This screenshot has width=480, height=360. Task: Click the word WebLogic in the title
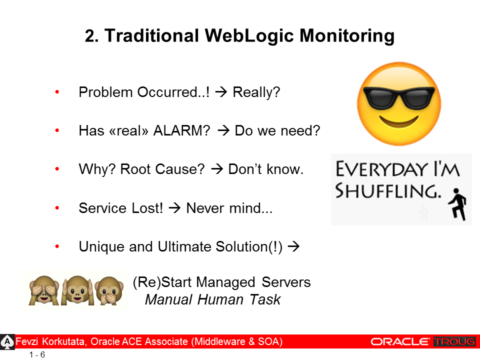point(249,36)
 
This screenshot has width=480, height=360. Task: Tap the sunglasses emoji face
point(399,104)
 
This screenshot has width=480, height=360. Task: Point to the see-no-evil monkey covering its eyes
point(44,290)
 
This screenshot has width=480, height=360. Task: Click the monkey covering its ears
point(77,290)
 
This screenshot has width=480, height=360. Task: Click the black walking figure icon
point(457,204)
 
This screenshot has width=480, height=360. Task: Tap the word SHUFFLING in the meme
point(388,190)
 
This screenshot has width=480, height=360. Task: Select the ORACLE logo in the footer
point(400,341)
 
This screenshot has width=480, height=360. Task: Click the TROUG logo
point(454,341)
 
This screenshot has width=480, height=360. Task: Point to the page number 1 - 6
point(37,355)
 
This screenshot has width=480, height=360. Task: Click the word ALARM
point(181,130)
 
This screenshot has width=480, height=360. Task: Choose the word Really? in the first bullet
point(256,92)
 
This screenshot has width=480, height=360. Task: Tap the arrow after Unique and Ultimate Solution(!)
point(293,246)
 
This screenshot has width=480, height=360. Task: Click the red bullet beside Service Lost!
point(57,208)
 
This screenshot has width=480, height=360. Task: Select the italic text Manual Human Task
point(213,299)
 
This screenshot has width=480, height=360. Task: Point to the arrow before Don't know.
point(217,169)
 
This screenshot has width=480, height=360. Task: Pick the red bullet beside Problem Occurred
point(57,92)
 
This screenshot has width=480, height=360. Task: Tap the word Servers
point(286,282)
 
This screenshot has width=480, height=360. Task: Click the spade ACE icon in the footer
point(6,342)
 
